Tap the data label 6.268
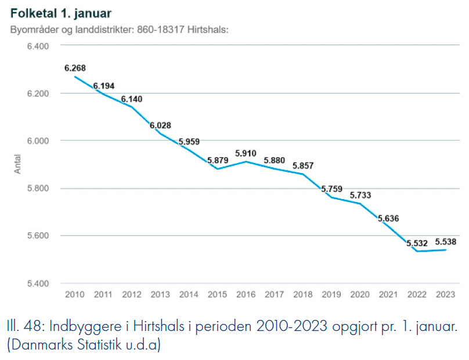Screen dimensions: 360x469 [75, 68]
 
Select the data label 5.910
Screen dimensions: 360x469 [246, 153]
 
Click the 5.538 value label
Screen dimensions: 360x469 [445, 241]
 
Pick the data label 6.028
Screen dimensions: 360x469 [160, 125]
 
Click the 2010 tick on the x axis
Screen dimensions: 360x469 [75, 295]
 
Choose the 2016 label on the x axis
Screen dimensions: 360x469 [246, 295]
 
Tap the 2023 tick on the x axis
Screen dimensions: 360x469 [445, 295]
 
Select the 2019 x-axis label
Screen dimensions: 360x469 [331, 295]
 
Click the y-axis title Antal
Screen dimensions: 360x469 [17, 164]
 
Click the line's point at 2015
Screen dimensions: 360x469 [217, 168]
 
